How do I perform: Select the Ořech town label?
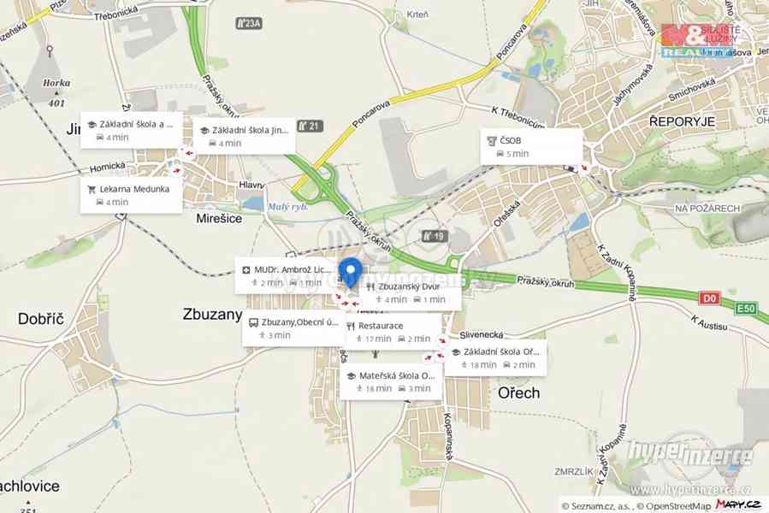[518, 393]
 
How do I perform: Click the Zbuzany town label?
[212, 314]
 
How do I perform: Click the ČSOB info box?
[530, 146]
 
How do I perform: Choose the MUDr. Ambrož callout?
[287, 275]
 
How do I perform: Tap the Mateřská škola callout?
[391, 381]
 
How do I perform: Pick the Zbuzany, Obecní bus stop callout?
[291, 328]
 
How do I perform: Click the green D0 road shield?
[709, 298]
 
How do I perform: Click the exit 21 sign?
[311, 127]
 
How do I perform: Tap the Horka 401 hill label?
[56, 93]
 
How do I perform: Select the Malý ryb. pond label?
[288, 205]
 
